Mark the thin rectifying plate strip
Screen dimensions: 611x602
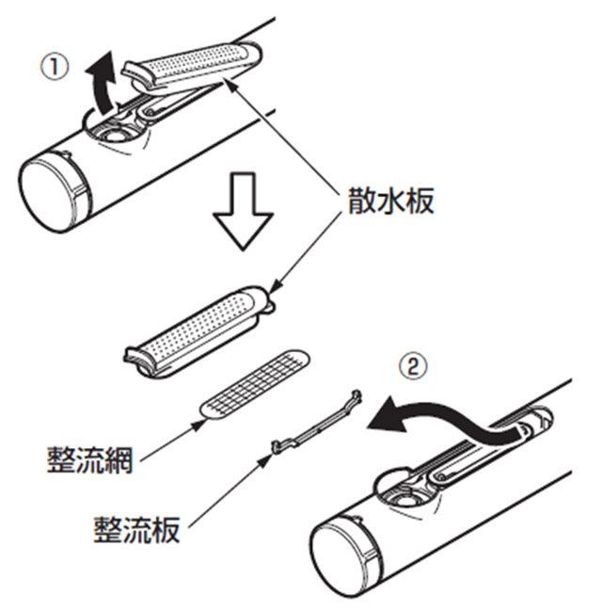click(315, 420)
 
